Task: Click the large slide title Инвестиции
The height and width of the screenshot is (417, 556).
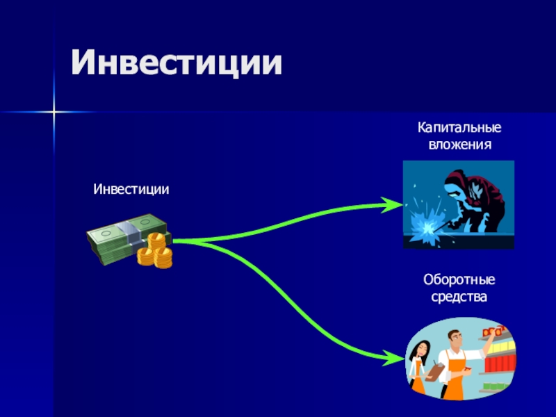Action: (177, 63)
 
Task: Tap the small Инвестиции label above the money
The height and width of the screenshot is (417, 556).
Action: (131, 189)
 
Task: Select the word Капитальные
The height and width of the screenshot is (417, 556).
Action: (459, 129)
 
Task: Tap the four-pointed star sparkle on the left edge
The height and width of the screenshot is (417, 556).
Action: (53, 111)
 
